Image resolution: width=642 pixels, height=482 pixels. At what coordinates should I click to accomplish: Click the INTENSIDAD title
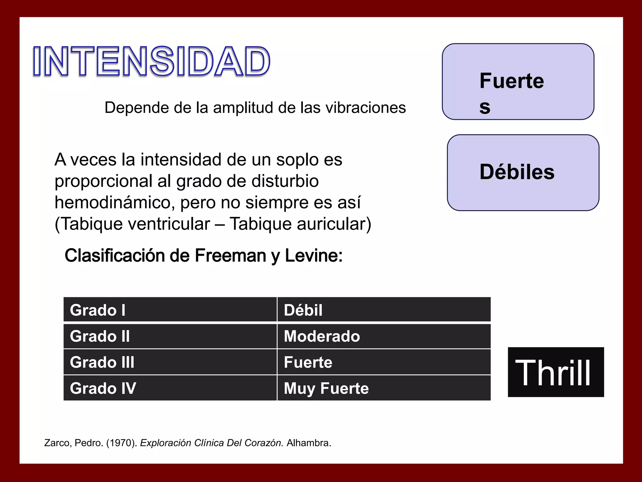click(x=151, y=62)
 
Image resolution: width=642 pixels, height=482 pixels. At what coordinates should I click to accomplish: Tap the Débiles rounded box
click(x=523, y=173)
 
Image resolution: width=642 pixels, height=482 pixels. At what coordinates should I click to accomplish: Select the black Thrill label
click(x=555, y=372)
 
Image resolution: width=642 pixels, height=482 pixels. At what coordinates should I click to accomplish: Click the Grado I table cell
click(x=170, y=310)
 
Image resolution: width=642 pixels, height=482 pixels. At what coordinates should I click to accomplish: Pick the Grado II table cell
click(x=170, y=336)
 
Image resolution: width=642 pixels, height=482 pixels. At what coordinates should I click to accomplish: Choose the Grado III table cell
click(x=170, y=362)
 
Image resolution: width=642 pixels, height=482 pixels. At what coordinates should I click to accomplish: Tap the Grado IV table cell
click(x=170, y=388)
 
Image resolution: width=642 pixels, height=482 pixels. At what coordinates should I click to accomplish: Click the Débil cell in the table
click(x=384, y=310)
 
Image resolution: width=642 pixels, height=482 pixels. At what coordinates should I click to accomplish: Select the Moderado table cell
click(x=384, y=336)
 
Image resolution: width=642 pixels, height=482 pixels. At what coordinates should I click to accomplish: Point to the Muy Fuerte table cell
click(x=384, y=388)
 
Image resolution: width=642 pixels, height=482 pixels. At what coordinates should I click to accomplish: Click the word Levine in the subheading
click(x=313, y=255)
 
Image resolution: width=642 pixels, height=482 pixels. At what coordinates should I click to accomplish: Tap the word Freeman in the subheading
click(x=231, y=255)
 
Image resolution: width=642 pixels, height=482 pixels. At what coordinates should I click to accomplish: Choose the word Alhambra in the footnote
click(x=308, y=443)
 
